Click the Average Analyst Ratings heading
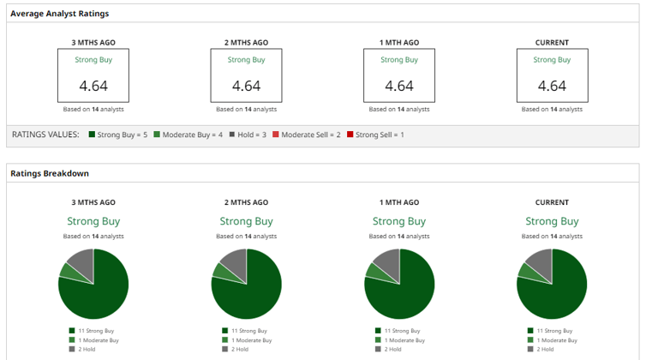pos(59,14)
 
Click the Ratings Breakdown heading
pos(50,173)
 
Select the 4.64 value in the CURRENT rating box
pos(552,86)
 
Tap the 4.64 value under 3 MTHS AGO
pos(93,86)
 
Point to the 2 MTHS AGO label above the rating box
pos(246,43)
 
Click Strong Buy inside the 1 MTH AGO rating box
pos(399,60)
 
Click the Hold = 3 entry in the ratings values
pos(248,135)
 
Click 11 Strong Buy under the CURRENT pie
pos(552,330)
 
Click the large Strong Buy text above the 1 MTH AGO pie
pos(399,221)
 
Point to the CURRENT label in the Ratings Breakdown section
pos(552,202)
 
